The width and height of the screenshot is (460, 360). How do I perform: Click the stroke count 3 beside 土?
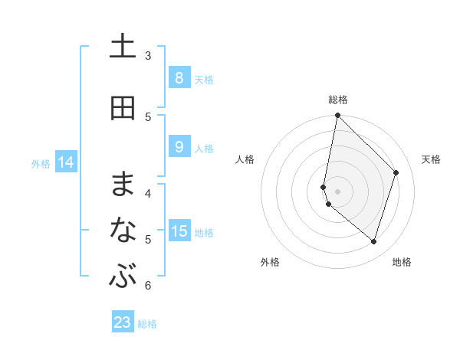pos(148,56)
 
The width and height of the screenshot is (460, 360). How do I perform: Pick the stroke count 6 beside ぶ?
pos(148,286)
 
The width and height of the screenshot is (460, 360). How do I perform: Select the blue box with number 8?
pos(179,78)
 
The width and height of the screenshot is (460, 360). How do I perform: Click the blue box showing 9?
pos(179,147)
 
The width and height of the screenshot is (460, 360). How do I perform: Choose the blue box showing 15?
pos(179,231)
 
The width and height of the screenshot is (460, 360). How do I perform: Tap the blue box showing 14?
pos(66,162)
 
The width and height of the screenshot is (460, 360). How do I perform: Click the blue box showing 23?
pos(123,322)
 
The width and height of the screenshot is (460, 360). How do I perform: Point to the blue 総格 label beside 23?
pos(147,324)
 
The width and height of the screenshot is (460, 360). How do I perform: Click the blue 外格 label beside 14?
pos(41,163)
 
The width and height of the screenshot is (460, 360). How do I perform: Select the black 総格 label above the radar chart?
pos(338,100)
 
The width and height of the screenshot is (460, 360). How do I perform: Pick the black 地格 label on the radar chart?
pos(402,262)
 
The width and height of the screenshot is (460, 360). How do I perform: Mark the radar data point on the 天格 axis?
pos(396,172)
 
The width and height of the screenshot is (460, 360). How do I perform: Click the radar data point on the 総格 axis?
pos(337,116)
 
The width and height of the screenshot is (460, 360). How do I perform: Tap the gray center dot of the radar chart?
pos(337,191)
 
